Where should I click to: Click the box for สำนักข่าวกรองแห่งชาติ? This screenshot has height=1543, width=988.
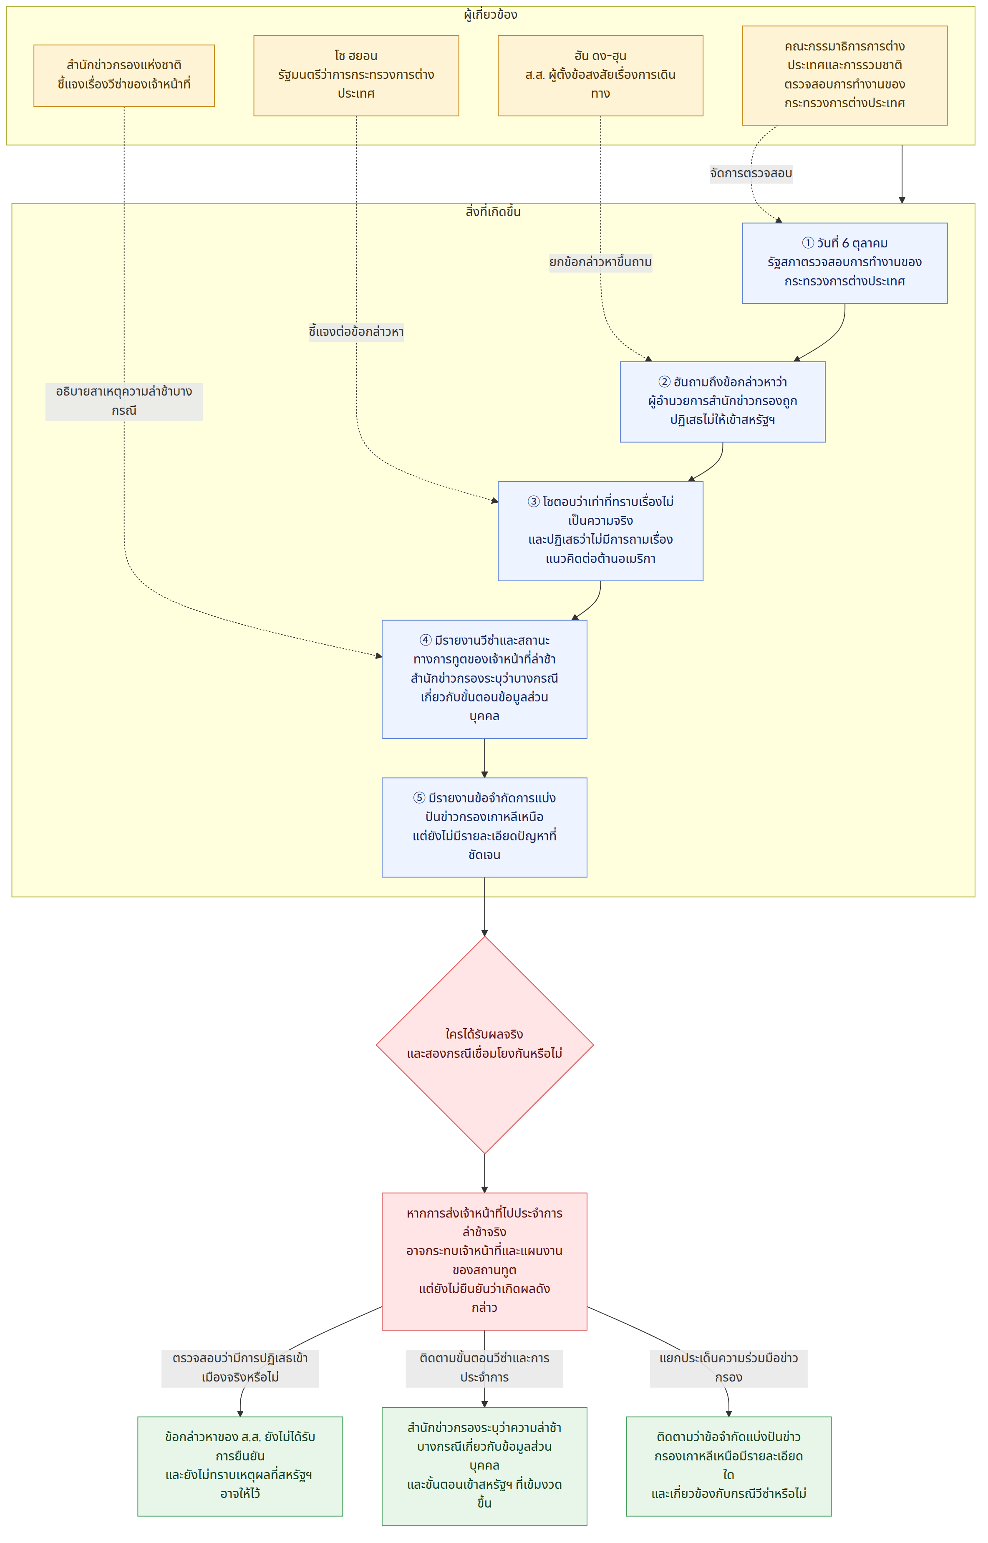pyautogui.click(x=124, y=76)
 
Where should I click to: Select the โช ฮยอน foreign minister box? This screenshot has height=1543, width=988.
pyautogui.click(x=356, y=76)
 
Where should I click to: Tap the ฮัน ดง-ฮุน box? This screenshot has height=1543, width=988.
pyautogui.click(x=600, y=76)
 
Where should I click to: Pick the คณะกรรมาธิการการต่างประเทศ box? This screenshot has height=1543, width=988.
pyautogui.click(x=844, y=76)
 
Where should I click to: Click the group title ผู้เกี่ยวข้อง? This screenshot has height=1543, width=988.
pyautogui.click(x=491, y=15)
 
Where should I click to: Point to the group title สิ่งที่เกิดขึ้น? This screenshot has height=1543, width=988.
pyautogui.click(x=493, y=212)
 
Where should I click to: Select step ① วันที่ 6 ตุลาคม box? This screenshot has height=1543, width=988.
pyautogui.click(x=844, y=263)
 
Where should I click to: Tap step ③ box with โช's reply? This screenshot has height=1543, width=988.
pyautogui.click(x=600, y=531)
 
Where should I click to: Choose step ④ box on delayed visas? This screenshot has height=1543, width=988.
pyautogui.click(x=484, y=679)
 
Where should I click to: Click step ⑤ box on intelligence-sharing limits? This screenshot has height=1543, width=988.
pyautogui.click(x=484, y=828)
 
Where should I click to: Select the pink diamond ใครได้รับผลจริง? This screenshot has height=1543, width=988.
pyautogui.click(x=484, y=1045)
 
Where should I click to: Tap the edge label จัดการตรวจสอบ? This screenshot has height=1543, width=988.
pyautogui.click(x=751, y=173)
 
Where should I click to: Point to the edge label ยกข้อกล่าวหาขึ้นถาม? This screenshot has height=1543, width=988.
pyautogui.click(x=600, y=262)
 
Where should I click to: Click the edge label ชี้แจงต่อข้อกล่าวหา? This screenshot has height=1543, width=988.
pyautogui.click(x=356, y=332)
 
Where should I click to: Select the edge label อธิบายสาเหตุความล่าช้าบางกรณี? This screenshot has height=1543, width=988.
pyautogui.click(x=124, y=401)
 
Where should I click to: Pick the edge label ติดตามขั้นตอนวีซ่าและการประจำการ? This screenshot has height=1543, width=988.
pyautogui.click(x=484, y=1369)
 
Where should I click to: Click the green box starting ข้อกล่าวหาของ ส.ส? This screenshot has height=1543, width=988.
pyautogui.click(x=240, y=1467)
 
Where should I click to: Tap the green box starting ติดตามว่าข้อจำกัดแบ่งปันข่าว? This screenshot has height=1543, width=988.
pyautogui.click(x=729, y=1467)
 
